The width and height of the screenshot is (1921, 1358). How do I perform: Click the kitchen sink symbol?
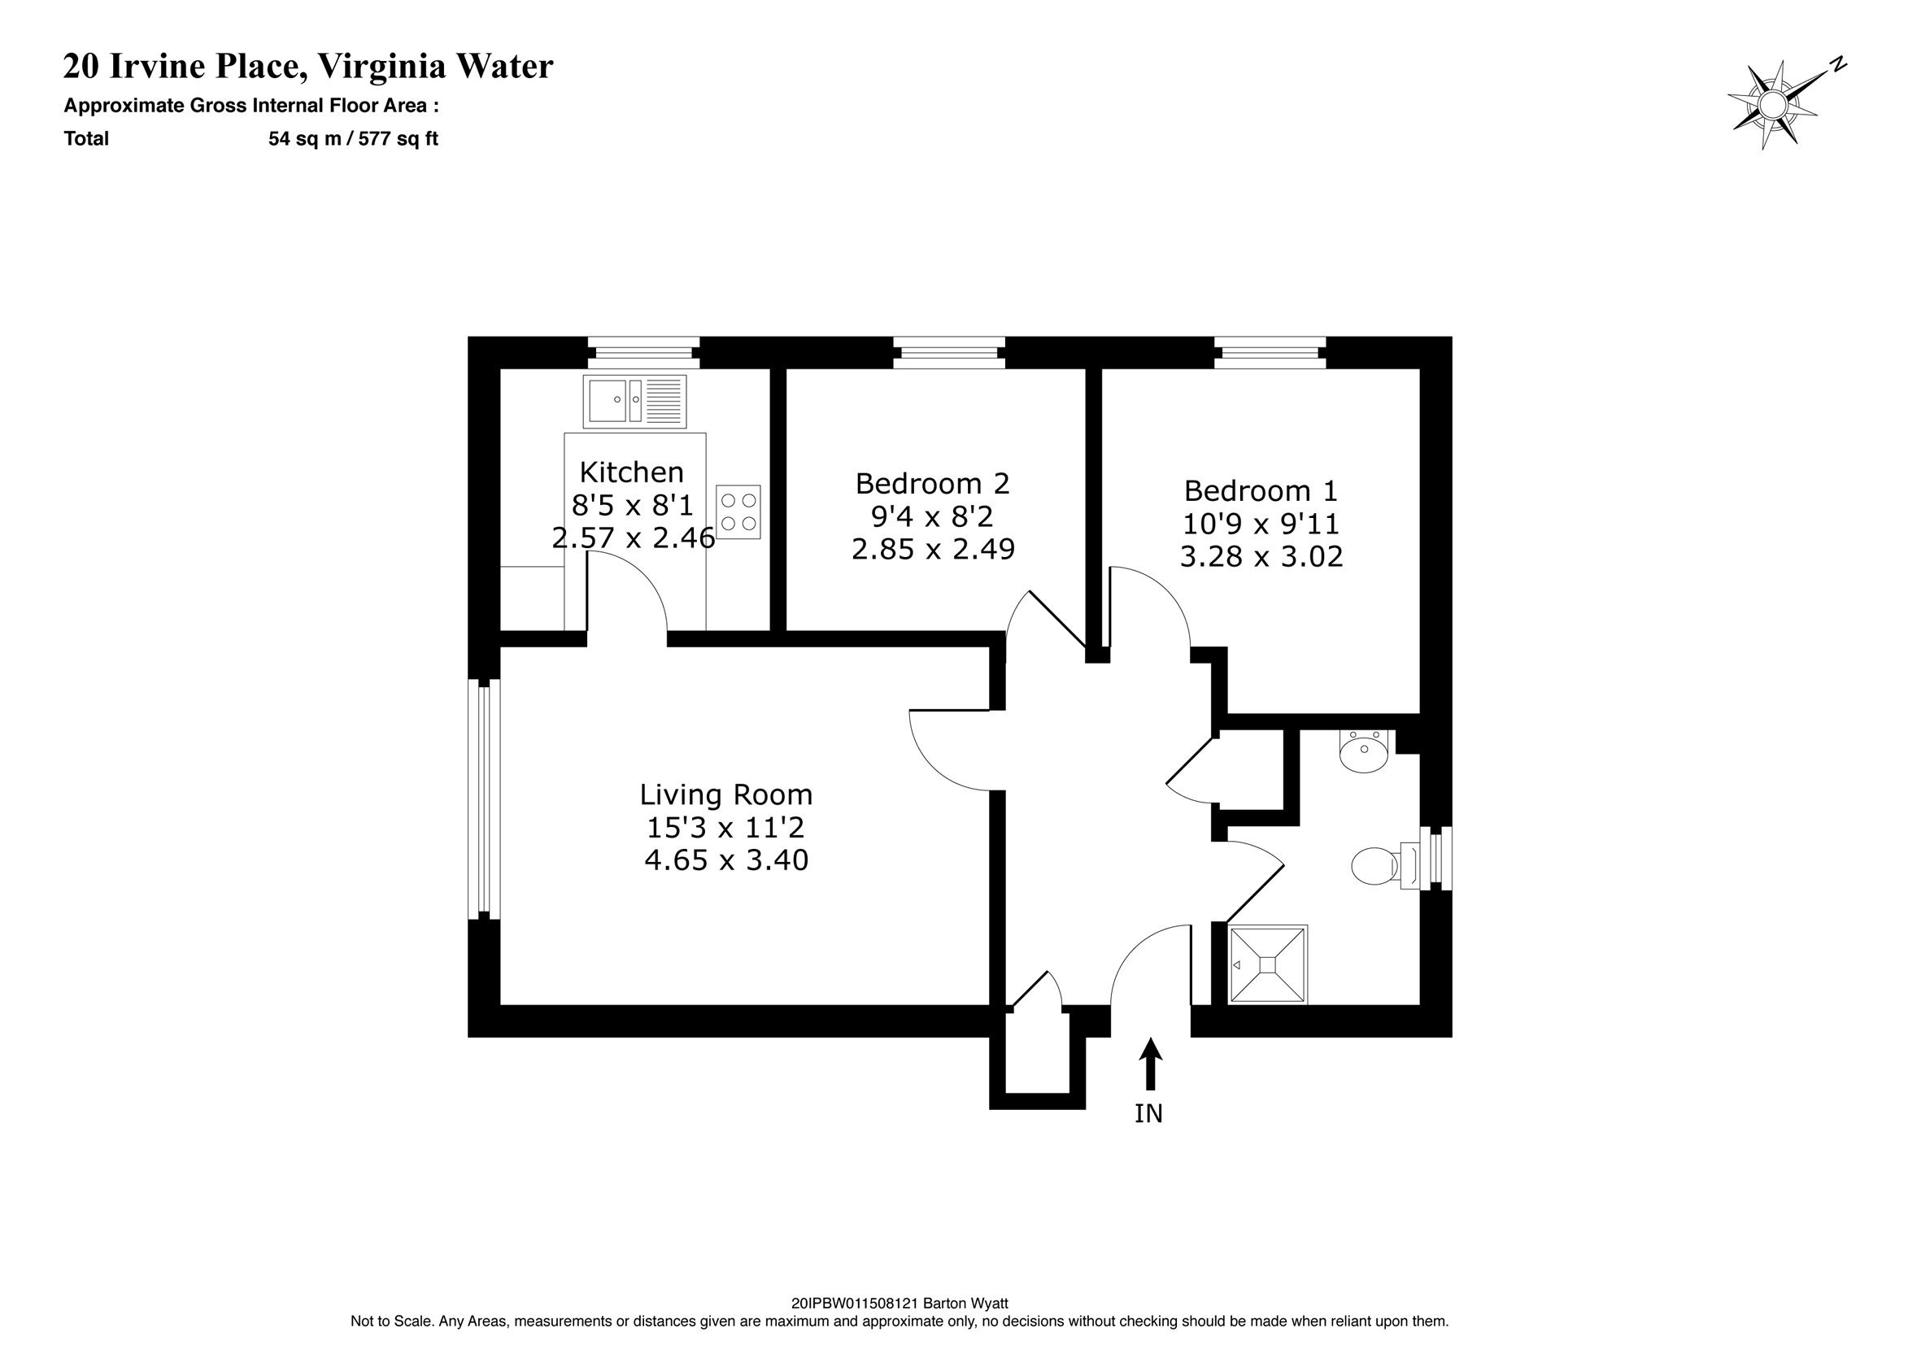click(x=634, y=401)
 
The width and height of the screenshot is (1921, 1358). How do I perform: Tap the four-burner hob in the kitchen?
click(x=738, y=512)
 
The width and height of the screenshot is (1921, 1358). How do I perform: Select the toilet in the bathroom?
click(x=1376, y=866)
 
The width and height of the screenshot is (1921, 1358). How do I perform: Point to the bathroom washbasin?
click(x=1364, y=751)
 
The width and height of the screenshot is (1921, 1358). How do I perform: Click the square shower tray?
click(x=1267, y=964)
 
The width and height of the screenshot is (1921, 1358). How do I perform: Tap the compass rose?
click(x=1772, y=106)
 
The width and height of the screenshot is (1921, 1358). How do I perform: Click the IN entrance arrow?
click(x=1151, y=1065)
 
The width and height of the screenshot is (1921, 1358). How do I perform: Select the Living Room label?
click(x=725, y=794)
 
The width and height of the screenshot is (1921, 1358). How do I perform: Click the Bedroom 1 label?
click(x=1261, y=490)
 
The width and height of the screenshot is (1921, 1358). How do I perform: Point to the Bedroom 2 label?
click(x=932, y=484)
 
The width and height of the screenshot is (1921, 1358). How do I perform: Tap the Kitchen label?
click(x=632, y=472)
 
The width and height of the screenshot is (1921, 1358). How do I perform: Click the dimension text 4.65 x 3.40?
click(x=726, y=860)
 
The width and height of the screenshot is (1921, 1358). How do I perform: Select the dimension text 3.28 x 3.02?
click(x=1261, y=556)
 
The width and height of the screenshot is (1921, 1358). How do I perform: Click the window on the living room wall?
click(x=484, y=799)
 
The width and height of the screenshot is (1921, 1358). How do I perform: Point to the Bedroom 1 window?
click(x=1270, y=352)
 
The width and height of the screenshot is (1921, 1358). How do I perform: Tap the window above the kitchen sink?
click(x=643, y=352)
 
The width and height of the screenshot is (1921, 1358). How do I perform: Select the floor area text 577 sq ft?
click(x=399, y=139)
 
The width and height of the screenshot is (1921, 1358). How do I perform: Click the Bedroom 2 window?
click(x=949, y=352)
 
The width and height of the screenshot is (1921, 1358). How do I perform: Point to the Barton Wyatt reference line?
click(x=900, y=1303)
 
